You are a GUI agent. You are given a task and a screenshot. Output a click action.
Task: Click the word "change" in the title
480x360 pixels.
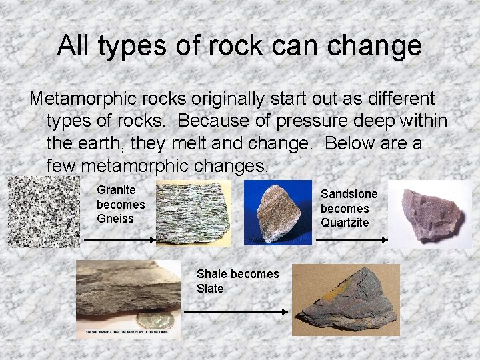[x=377, y=45]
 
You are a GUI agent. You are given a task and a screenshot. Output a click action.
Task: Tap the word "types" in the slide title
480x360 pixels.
[x=125, y=45]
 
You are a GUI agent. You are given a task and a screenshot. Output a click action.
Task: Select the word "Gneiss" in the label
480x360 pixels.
[x=115, y=219]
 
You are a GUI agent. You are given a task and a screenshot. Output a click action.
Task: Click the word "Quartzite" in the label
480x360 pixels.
[x=345, y=223]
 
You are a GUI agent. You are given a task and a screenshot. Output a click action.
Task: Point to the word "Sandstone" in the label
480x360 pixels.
[x=349, y=193]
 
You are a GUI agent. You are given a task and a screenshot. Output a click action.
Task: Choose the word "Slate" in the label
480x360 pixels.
[x=210, y=289]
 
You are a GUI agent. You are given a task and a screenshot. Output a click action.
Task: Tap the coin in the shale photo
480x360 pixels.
[x=155, y=318]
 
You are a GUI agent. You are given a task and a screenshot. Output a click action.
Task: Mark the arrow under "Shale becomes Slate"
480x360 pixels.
[x=235, y=311]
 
